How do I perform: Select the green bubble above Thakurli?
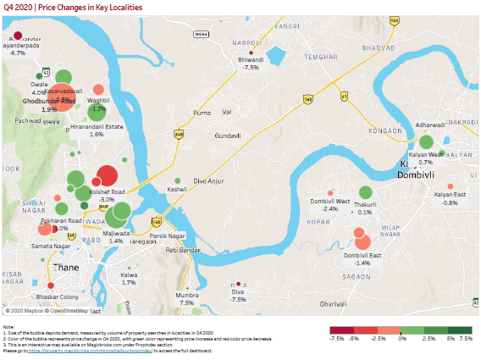click(x=366, y=193)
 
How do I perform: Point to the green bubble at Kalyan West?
click(x=427, y=141)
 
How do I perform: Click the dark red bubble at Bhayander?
click(x=17, y=36)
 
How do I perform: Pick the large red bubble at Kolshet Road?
click(x=107, y=176)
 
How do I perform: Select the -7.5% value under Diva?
click(x=238, y=299)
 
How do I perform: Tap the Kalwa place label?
click(x=129, y=275)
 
